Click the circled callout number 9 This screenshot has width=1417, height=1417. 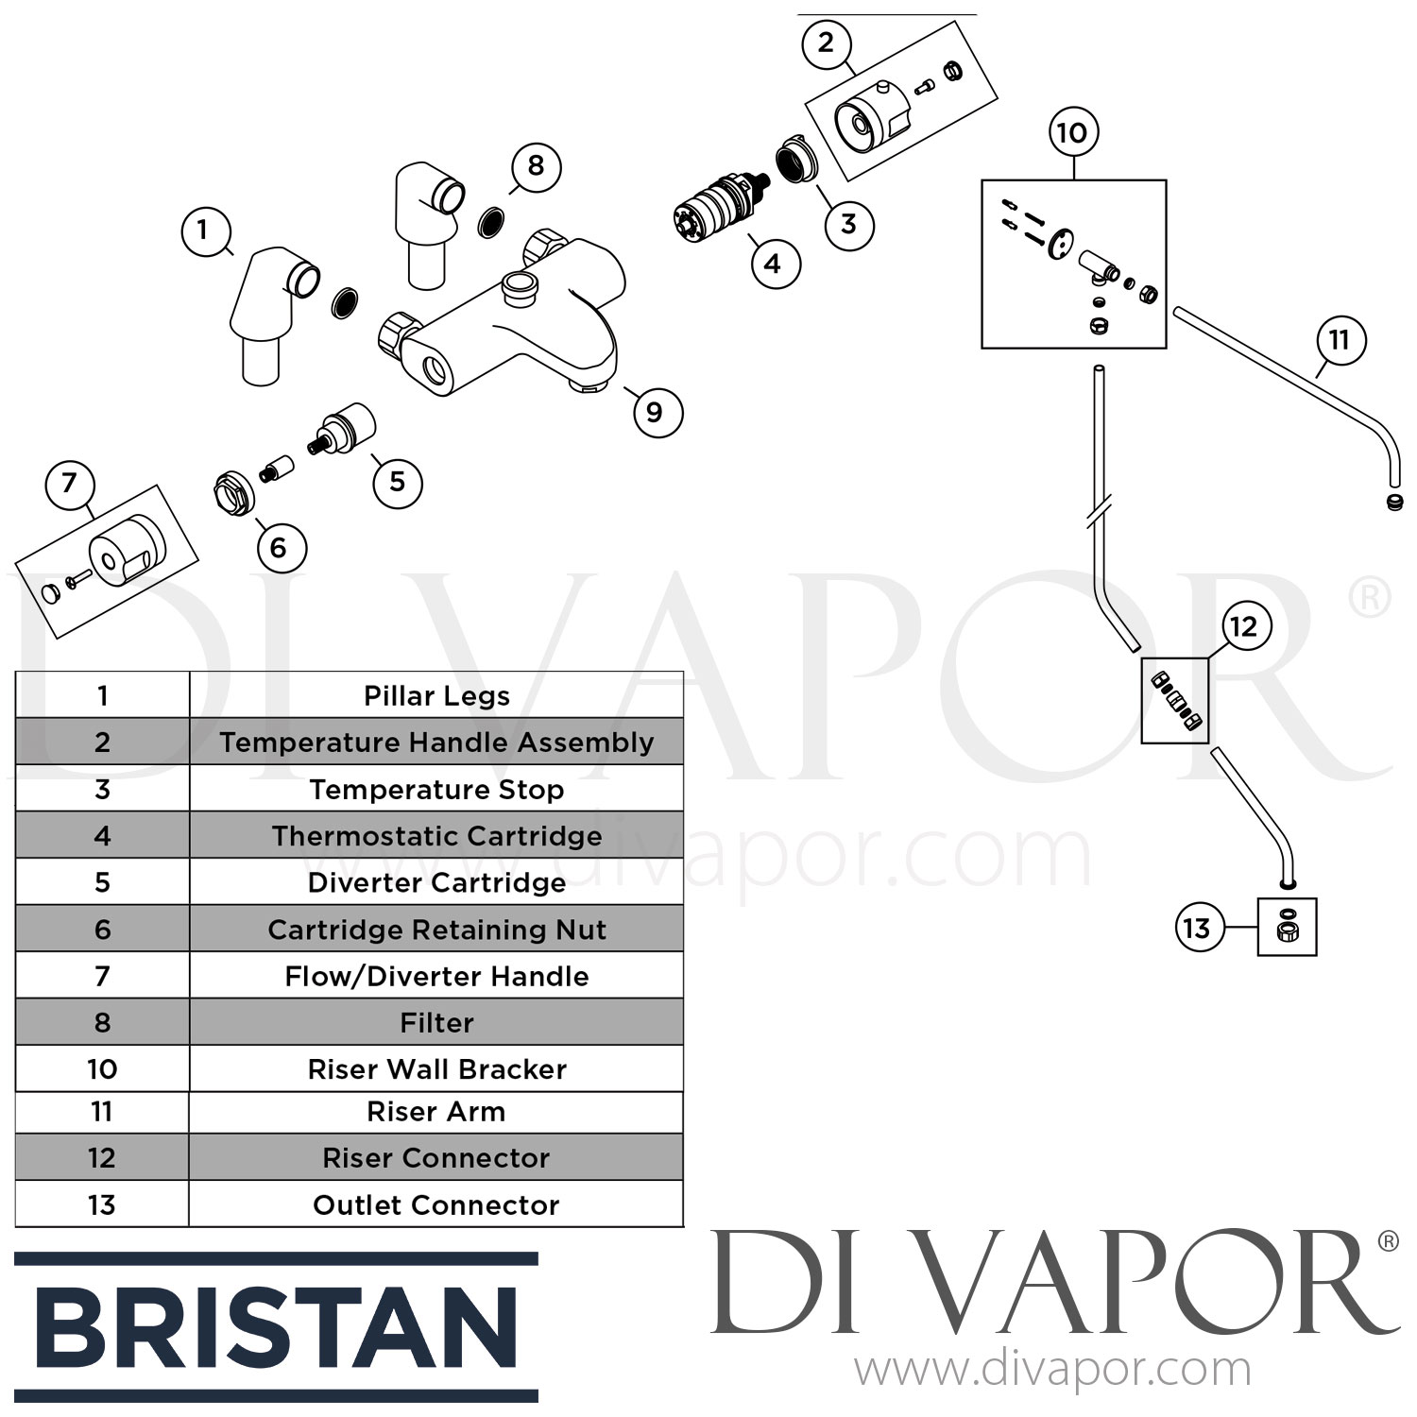point(655,412)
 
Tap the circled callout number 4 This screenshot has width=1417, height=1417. point(773,263)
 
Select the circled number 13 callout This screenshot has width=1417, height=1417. point(1197,928)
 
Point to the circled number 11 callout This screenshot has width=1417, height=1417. point(1340,340)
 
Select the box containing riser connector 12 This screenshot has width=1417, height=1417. point(1175,701)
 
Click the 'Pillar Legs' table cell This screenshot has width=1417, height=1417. point(436,695)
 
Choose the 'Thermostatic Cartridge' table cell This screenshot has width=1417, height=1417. point(436,835)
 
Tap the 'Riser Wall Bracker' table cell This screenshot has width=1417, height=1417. point(436,1068)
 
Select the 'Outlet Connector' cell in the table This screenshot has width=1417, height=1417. point(436,1204)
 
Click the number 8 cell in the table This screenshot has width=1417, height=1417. point(102,1022)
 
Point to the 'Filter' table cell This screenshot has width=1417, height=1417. point(436,1022)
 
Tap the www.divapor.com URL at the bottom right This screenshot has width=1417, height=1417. point(1052,1370)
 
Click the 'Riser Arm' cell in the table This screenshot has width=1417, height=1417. point(436,1113)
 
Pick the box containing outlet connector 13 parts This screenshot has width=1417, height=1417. point(1287,927)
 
